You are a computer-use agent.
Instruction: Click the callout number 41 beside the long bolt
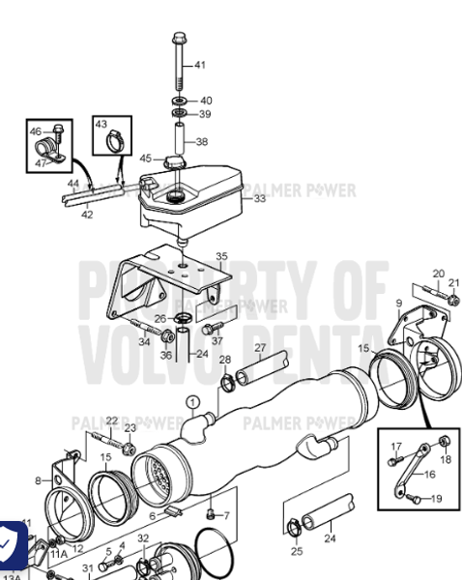click(200, 66)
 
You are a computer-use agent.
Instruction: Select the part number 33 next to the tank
click(259, 199)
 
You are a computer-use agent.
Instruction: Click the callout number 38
click(201, 141)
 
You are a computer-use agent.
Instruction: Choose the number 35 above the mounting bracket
click(221, 257)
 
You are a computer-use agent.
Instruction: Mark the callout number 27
click(259, 347)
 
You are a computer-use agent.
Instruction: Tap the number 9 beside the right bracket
click(397, 303)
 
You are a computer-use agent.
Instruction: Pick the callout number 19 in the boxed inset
click(436, 499)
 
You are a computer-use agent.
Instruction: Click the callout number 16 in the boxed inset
click(430, 475)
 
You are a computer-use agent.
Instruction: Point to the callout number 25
click(297, 551)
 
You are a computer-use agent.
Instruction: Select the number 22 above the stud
click(111, 420)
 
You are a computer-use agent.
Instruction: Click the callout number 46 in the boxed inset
click(36, 131)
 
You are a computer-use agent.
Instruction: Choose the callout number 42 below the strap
click(87, 215)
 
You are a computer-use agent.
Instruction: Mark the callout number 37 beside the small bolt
click(217, 341)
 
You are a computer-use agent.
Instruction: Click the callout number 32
click(142, 538)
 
